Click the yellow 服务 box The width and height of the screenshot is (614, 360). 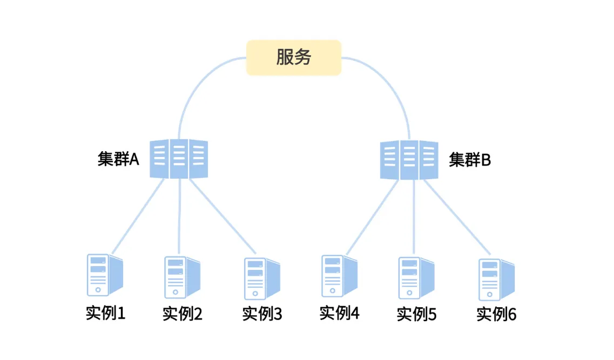coord(294,57)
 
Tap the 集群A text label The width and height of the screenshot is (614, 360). coord(118,159)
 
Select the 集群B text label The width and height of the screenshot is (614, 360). coord(470,160)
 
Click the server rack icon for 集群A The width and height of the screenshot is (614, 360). coord(179,159)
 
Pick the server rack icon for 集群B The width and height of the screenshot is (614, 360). coord(409,160)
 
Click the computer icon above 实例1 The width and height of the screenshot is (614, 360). coord(105,274)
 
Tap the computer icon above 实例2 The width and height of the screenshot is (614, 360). coord(182,276)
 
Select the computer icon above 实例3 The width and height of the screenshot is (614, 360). coord(261,278)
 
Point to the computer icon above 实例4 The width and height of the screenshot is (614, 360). coord(339,276)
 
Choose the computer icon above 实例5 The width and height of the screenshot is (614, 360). coord(416,278)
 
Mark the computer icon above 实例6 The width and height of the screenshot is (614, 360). coord(496,279)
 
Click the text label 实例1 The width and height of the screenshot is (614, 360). coord(105,313)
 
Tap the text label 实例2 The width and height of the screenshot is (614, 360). coord(183,314)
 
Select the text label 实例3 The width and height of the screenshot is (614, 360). coord(262,314)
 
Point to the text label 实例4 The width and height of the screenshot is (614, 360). coord(339,313)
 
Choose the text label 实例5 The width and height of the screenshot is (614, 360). coord(416,314)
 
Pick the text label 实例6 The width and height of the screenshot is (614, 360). coord(496,314)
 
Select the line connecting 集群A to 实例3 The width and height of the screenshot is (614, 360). coord(222,216)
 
